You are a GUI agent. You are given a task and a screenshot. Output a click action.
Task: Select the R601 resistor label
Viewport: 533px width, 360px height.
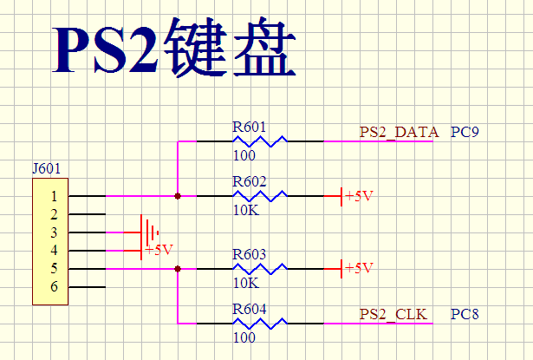[249, 127]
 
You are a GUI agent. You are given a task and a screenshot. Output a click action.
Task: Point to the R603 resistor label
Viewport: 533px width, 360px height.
[249, 255]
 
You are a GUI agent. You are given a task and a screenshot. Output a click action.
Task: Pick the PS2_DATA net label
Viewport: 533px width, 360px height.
[400, 132]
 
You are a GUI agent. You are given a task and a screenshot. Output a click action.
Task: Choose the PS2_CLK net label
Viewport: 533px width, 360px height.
[393, 314]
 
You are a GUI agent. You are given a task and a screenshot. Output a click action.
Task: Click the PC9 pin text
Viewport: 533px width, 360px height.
[465, 132]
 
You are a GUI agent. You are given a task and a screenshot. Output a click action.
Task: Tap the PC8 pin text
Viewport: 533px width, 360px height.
[465, 314]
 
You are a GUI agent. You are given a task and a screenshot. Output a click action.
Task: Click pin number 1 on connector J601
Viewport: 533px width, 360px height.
[54, 196]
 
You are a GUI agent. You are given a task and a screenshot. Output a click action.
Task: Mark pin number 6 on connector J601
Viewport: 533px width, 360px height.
[54, 287]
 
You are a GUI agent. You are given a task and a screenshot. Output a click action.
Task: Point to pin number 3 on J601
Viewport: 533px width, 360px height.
[54, 232]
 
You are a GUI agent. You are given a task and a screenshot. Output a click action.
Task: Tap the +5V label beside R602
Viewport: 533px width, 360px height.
[359, 196]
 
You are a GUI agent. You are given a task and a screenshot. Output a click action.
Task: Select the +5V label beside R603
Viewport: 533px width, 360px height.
[359, 268]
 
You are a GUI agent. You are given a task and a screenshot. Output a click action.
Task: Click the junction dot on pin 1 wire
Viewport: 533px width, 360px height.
[178, 196]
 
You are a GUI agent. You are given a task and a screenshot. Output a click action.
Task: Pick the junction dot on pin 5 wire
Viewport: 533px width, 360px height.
[178, 269]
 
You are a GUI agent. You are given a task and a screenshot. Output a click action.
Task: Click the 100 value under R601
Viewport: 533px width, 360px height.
[244, 156]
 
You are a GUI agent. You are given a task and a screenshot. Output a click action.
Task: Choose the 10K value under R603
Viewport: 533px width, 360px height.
[245, 283]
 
